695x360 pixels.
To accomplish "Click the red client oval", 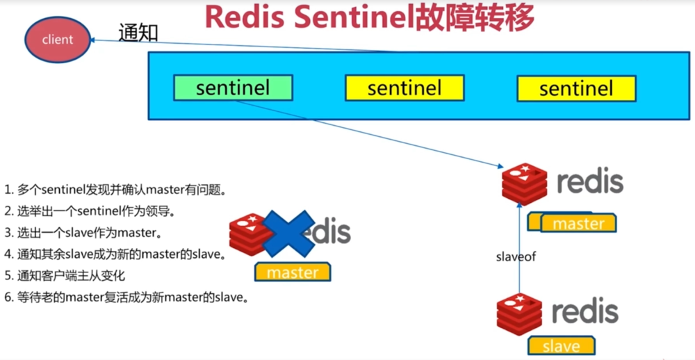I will tap(58, 39).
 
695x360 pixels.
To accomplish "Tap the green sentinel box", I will tap(232, 88).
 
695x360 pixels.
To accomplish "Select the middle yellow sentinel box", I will tap(404, 88).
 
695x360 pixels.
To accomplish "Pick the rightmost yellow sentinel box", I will tap(576, 88).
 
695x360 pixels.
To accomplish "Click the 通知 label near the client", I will tap(138, 32).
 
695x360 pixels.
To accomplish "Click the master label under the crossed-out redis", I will tap(293, 272).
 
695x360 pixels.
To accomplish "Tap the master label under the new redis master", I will tap(578, 223).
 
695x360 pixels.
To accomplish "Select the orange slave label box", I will tap(562, 345).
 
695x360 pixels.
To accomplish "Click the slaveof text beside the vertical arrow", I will tap(516, 256).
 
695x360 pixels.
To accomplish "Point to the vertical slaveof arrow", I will tap(519, 243).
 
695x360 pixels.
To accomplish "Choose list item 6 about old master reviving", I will tap(126, 298).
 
